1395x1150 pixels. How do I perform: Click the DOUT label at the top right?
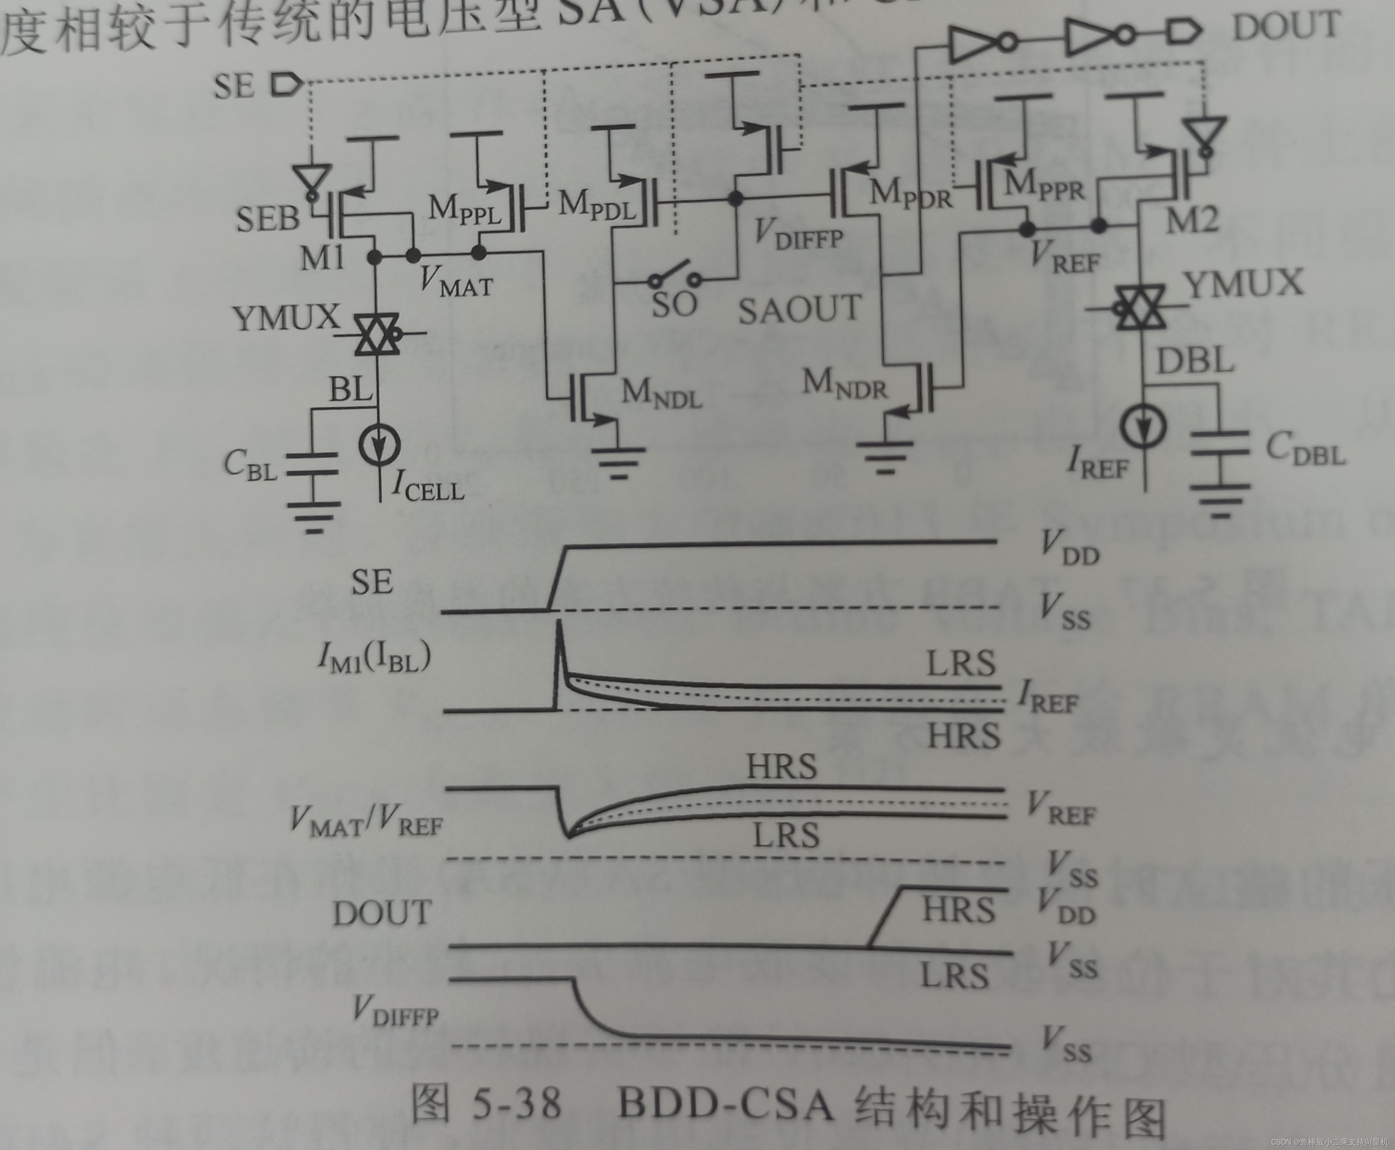coord(1286,28)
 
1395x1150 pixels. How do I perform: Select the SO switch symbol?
coord(675,277)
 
